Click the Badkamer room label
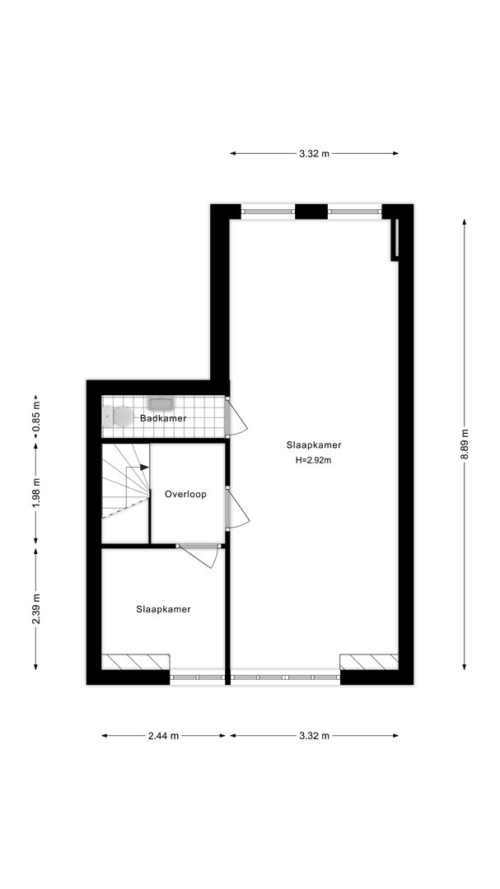tap(163, 418)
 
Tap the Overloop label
tap(185, 495)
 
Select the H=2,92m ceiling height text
tap(313, 460)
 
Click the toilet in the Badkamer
tap(119, 417)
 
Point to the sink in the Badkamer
tap(160, 403)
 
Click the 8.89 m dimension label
tap(465, 444)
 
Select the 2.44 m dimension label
tap(163, 736)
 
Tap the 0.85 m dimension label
tap(35, 417)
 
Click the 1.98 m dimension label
tap(35, 494)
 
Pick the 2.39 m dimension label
tap(35, 608)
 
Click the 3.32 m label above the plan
tap(315, 153)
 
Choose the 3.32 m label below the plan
tap(315, 736)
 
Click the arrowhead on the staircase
tap(145, 468)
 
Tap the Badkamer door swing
tap(237, 416)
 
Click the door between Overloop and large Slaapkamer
tap(238, 508)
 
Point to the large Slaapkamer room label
tap(314, 445)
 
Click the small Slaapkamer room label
tap(163, 609)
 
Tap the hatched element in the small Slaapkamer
tap(136, 662)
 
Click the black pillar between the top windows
tap(311, 212)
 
